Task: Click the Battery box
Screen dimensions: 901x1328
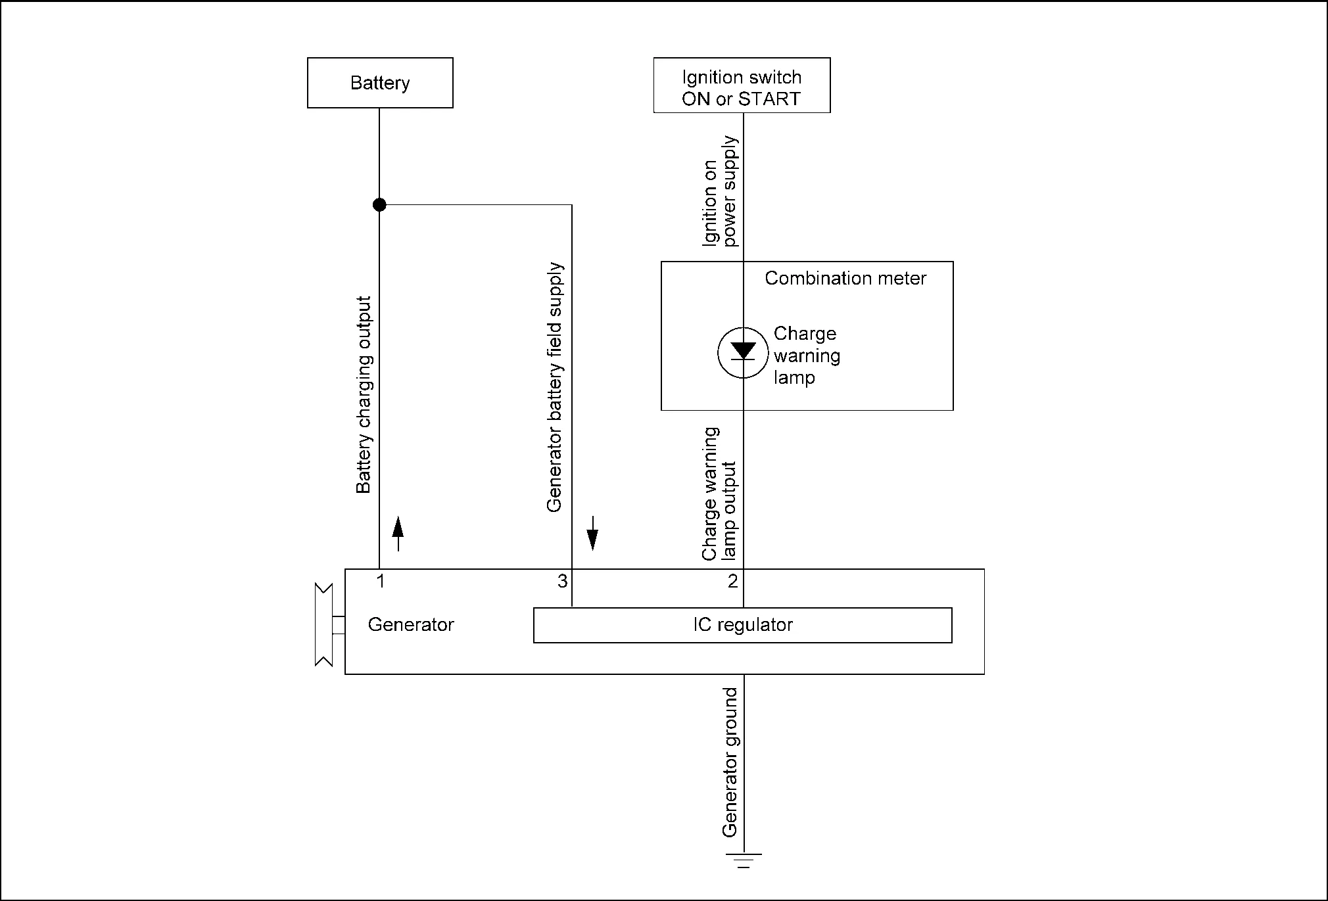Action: click(380, 83)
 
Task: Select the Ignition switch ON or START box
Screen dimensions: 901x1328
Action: click(742, 85)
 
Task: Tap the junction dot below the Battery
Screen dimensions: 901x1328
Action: click(379, 205)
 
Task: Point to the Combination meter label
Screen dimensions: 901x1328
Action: click(845, 279)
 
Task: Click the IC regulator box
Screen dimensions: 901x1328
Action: click(742, 625)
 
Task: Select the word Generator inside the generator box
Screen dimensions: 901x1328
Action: click(411, 624)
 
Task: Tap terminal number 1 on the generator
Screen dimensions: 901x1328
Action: click(380, 581)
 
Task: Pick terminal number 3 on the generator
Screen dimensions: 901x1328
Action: click(562, 581)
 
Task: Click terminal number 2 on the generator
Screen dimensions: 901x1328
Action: click(733, 581)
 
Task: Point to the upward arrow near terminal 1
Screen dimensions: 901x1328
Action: click(398, 533)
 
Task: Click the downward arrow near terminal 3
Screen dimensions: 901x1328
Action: click(592, 533)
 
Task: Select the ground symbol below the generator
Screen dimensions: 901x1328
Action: click(744, 860)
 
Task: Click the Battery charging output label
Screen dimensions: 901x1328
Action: click(364, 394)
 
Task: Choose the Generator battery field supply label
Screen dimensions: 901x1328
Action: click(556, 388)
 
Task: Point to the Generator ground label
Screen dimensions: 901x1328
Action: click(730, 762)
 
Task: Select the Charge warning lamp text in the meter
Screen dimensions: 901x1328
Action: click(807, 356)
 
